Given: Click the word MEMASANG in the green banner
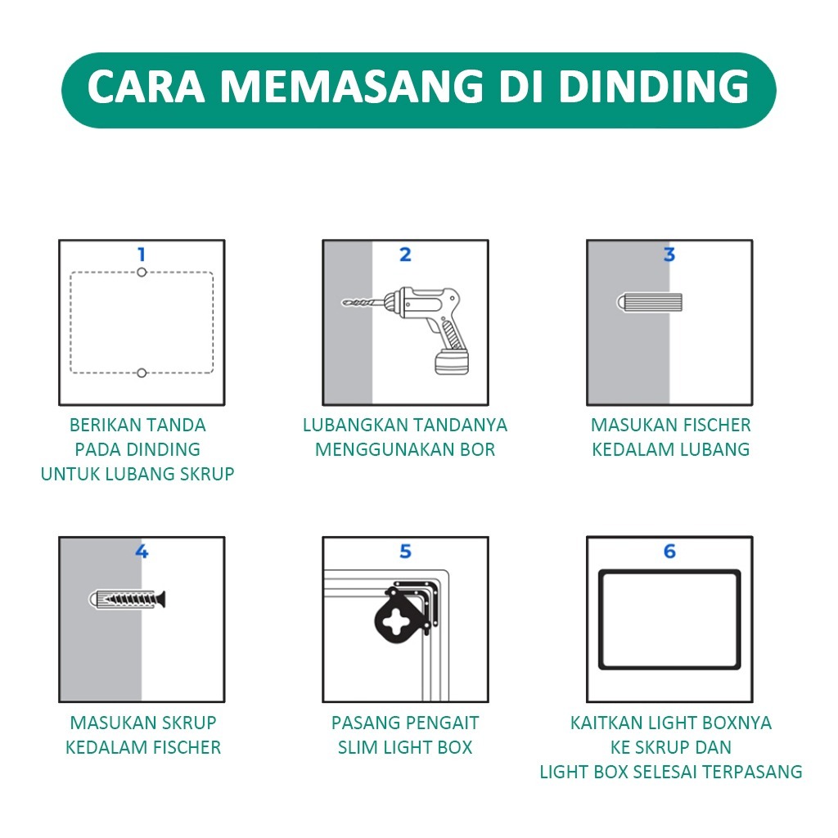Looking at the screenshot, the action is tap(352, 86).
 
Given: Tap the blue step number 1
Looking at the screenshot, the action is tap(142, 255).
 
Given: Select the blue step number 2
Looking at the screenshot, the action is tap(406, 255).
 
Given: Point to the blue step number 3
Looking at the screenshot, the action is tap(669, 255).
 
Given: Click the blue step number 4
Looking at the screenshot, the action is tap(142, 551).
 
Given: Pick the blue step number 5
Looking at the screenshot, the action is tap(406, 551).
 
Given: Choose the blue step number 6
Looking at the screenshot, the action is tap(669, 551).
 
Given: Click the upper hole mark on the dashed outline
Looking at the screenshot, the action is tap(142, 273).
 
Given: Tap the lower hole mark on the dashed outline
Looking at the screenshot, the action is tap(142, 373).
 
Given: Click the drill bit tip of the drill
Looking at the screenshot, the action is tap(344, 303).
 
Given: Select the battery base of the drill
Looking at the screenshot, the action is tap(452, 363).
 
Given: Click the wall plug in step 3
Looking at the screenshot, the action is tap(650, 303).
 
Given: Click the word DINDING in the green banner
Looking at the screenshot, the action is tap(654, 86).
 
